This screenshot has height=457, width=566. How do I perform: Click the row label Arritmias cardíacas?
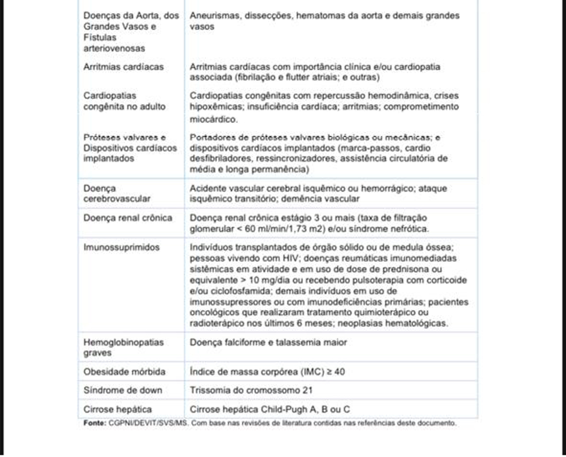click(123, 67)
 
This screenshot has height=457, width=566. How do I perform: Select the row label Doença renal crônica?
click(128, 218)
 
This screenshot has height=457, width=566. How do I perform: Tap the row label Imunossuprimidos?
click(121, 247)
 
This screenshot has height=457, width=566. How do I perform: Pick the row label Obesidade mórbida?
click(124, 372)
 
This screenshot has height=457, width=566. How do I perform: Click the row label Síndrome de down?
click(122, 390)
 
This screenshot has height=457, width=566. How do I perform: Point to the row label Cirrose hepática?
click(118, 409)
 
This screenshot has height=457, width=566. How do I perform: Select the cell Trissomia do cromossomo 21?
click(251, 390)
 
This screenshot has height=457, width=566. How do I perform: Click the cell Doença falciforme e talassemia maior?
click(268, 342)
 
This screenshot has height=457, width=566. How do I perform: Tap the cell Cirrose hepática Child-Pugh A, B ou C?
click(270, 409)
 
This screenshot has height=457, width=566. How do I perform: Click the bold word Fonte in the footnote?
click(94, 423)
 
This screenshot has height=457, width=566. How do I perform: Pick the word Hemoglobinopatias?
click(123, 342)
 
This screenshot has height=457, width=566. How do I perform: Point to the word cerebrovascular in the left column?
click(117, 199)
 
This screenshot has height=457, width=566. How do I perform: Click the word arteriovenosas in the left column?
click(114, 48)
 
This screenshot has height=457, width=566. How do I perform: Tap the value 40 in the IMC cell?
click(339, 372)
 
